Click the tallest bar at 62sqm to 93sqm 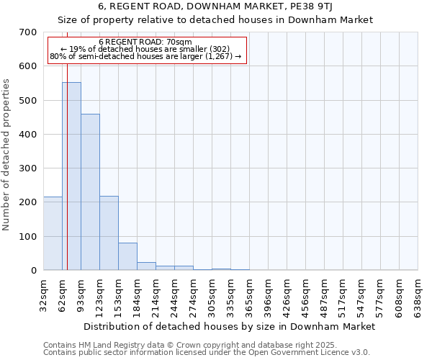pyautogui.click(x=71, y=176)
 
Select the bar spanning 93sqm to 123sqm pyautogui.click(x=90, y=192)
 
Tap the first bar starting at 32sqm pyautogui.click(x=53, y=233)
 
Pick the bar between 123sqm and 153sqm pyautogui.click(x=109, y=233)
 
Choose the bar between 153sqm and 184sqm pyautogui.click(x=127, y=256)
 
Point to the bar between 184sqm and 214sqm pyautogui.click(x=146, y=266)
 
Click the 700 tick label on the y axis pyautogui.click(x=28, y=32)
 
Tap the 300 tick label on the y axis pyautogui.click(x=28, y=168)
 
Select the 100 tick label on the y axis pyautogui.click(x=28, y=236)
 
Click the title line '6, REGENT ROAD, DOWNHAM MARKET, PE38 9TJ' pyautogui.click(x=215, y=6)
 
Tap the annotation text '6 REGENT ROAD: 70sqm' pyautogui.click(x=145, y=42)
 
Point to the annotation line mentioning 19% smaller pyautogui.click(x=145, y=49)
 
